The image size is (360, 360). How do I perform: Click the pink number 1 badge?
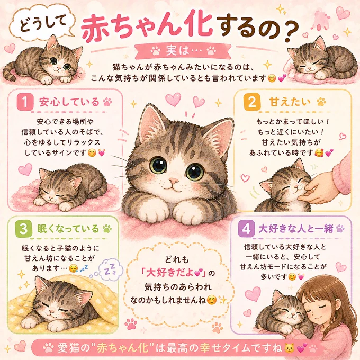[x=25, y=102]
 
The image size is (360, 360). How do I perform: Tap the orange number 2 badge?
[x=252, y=102]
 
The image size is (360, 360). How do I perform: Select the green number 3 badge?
[x=23, y=229]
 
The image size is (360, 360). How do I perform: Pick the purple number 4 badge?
[x=246, y=229]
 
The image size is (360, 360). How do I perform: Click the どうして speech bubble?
[x=43, y=23]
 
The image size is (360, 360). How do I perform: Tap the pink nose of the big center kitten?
[x=173, y=181]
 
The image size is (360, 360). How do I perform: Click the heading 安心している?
[x=69, y=102]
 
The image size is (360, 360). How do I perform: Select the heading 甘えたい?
[x=290, y=102]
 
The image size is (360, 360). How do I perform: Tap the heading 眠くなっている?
[x=68, y=229]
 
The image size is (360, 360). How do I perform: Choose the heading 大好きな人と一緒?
[x=296, y=229]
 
